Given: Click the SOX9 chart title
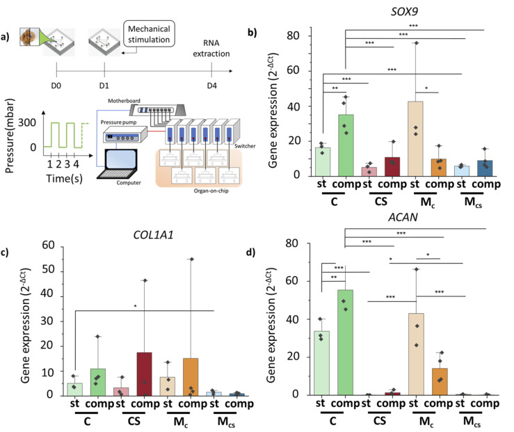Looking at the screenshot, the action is tap(404, 12).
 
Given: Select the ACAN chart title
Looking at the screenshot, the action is tap(403, 217).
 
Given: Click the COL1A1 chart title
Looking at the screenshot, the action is tap(153, 235).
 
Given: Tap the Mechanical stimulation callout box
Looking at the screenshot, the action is tap(149, 34).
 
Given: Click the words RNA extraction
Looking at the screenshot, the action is tap(211, 48).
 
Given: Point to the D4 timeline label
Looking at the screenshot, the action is tap(211, 86).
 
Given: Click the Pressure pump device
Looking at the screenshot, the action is tap(125, 134).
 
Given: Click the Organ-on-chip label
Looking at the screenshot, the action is tap(211, 191).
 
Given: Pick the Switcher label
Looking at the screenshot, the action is tap(245, 146).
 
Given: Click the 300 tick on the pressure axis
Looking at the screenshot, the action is tap(27, 122).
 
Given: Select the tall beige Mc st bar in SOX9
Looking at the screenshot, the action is tap(415, 138).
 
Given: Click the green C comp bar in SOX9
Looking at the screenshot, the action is tap(346, 145).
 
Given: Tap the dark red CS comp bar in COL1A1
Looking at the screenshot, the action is tap(144, 374).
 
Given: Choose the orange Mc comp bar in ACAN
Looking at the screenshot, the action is tap(440, 381).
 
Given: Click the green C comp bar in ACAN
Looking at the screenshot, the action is tap(345, 342).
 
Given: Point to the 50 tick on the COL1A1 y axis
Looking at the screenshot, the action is tap(48, 269).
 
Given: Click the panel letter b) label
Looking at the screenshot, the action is tap(252, 33).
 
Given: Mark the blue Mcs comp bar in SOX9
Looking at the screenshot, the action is tap(485, 168).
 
